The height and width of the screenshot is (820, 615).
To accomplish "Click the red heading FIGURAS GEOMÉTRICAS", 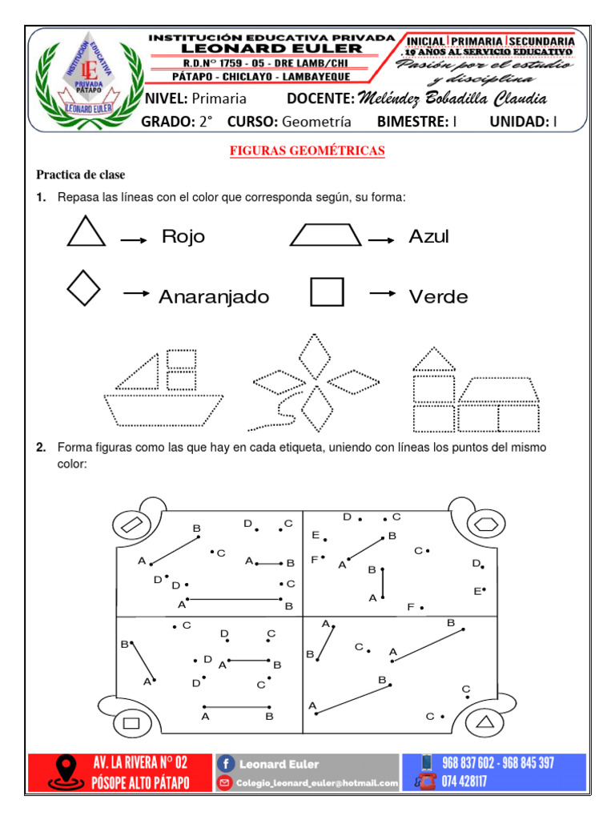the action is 307,151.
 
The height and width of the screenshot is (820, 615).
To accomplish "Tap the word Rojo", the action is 183,237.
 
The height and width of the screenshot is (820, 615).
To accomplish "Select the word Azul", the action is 428,237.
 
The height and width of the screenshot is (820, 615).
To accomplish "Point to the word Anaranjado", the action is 213,297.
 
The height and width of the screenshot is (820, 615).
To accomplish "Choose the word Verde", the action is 438,297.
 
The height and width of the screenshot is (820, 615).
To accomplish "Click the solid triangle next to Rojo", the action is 86,232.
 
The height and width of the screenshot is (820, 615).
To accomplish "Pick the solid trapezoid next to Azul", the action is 326,235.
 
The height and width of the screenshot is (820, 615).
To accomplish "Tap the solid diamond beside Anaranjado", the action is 84,288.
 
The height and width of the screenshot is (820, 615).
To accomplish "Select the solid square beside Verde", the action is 327,292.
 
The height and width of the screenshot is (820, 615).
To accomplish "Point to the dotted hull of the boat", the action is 163,410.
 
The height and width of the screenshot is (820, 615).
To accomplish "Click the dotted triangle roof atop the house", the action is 433,360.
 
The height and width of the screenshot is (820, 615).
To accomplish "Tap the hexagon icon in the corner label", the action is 484,525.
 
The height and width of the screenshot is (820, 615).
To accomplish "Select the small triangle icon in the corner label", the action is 484,723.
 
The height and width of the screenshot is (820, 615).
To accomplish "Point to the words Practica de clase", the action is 80,175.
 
